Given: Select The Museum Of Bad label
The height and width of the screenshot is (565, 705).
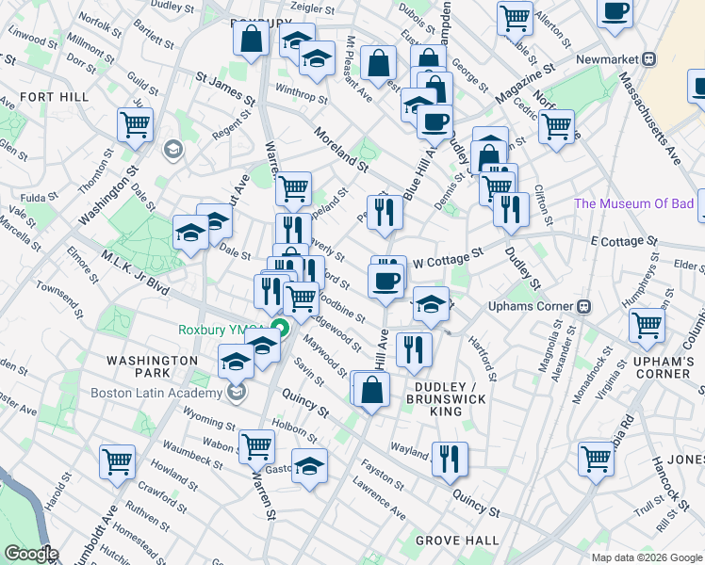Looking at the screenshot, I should (x=633, y=203).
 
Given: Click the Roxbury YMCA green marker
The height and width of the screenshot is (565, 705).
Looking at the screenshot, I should (x=280, y=330).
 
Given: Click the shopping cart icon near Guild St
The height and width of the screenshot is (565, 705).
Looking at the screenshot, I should (x=136, y=122).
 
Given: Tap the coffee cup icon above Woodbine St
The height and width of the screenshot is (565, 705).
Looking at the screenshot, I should (x=385, y=280).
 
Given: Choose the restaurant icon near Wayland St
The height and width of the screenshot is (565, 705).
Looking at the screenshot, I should (x=450, y=458).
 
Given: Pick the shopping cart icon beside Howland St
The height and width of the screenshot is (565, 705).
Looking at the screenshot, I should (x=118, y=461).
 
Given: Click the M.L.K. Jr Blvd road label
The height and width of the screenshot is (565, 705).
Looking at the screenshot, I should (x=135, y=276).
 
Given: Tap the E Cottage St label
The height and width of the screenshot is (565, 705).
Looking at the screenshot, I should (x=624, y=241).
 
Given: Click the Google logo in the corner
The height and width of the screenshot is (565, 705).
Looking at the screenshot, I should (x=31, y=554).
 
